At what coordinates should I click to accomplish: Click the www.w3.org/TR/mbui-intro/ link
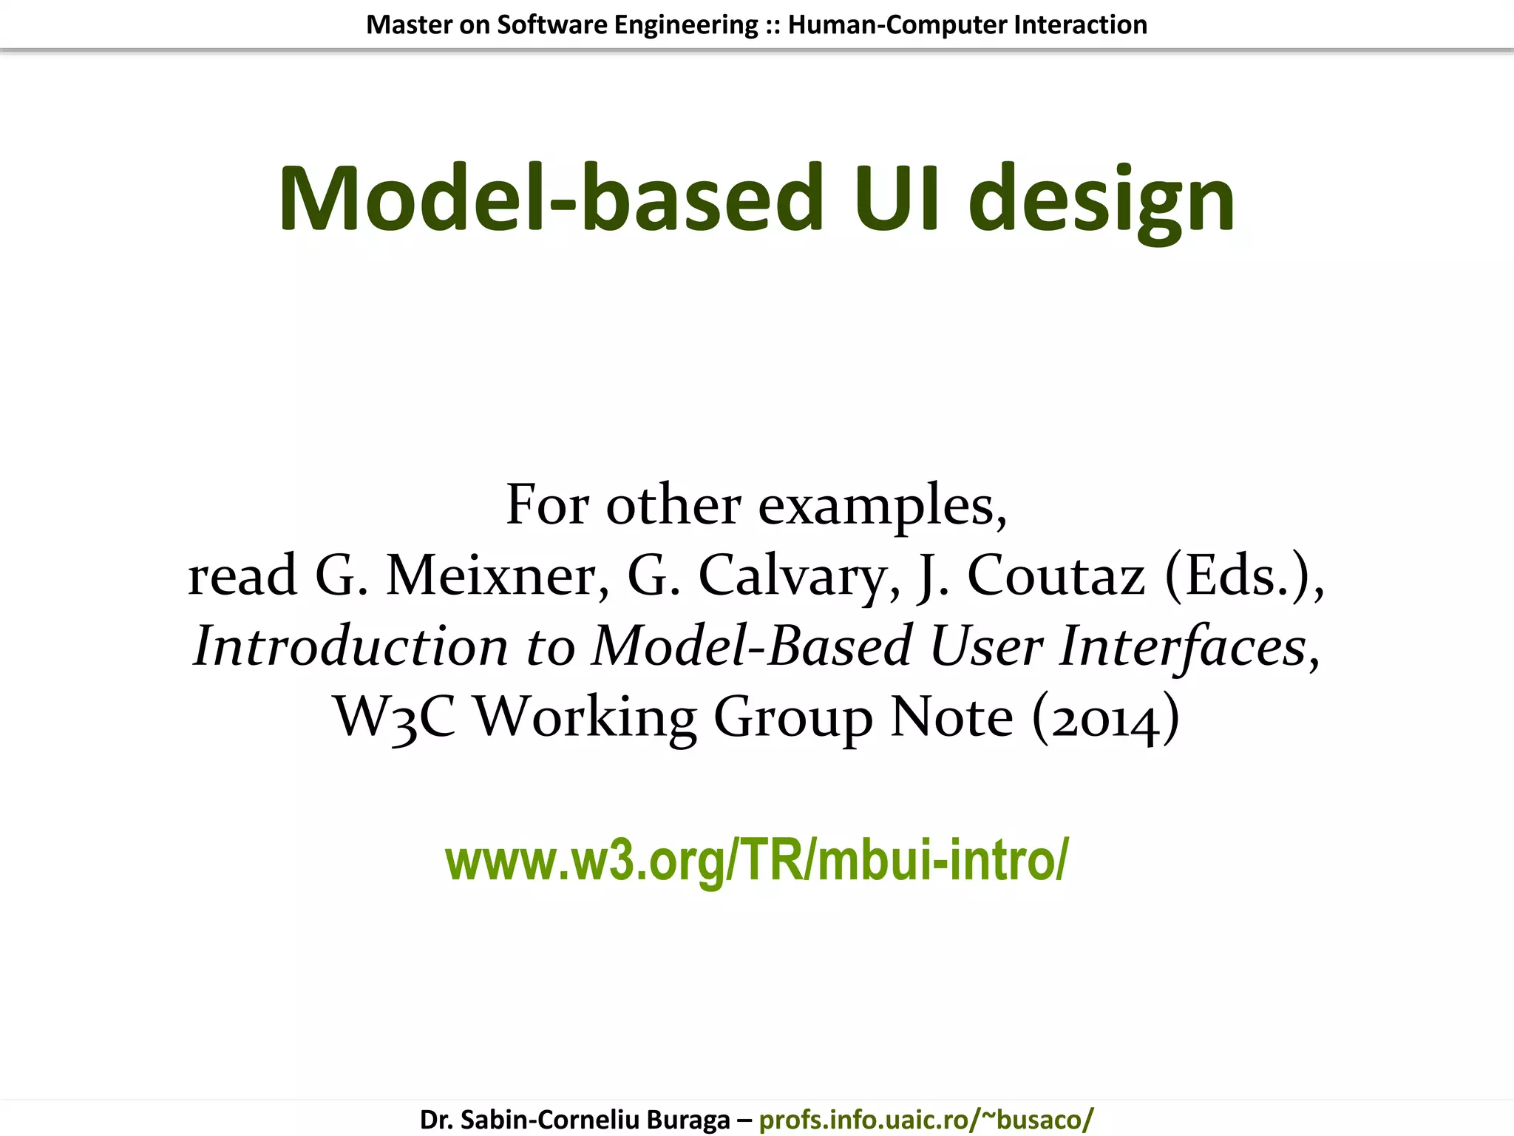(x=756, y=860)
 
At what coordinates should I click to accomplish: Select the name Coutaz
(x=1056, y=576)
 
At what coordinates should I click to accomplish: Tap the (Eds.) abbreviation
(x=1244, y=576)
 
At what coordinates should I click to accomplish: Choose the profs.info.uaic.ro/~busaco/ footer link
(x=926, y=1120)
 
